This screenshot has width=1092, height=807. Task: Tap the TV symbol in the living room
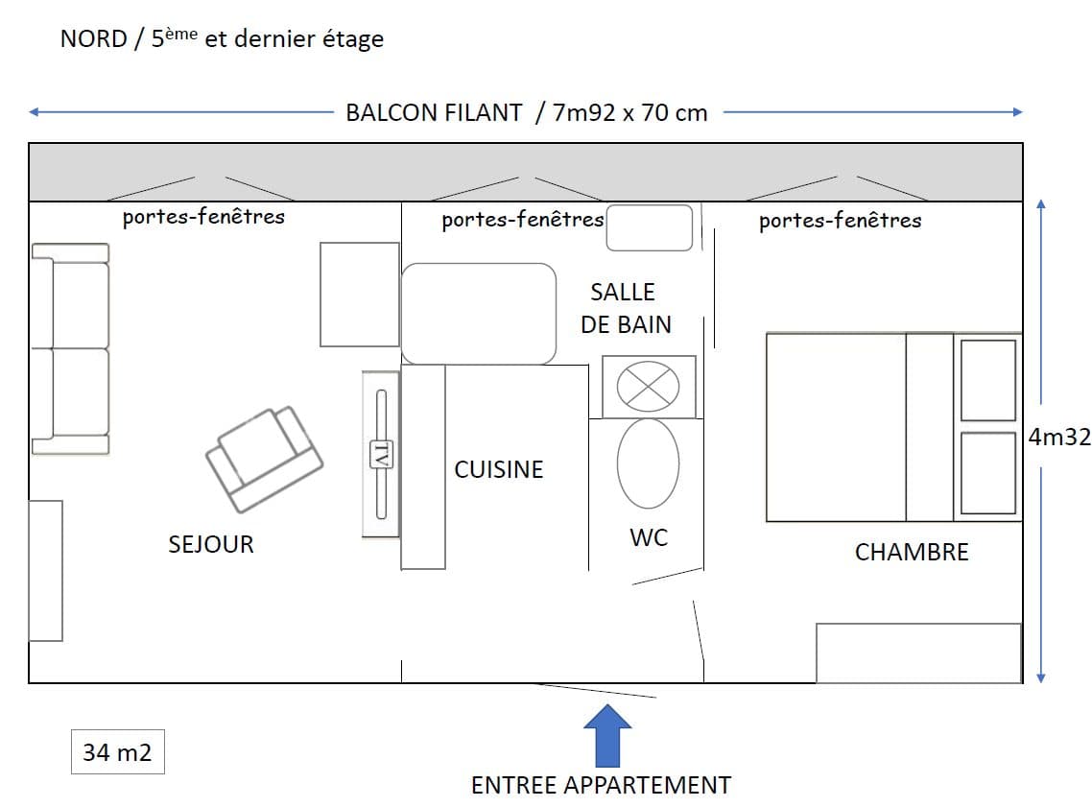(x=381, y=455)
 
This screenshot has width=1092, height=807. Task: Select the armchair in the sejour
(x=264, y=459)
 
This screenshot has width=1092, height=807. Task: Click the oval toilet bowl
(x=649, y=463)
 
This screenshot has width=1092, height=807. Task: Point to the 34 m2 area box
(x=118, y=752)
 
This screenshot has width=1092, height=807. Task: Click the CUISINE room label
(x=499, y=469)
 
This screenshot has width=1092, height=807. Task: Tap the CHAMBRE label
(x=912, y=552)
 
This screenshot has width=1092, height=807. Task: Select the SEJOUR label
(x=211, y=544)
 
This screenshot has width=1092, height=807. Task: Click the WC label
(x=649, y=537)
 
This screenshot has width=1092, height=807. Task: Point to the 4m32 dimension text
(x=1059, y=437)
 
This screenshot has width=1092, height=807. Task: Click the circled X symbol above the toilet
(x=649, y=387)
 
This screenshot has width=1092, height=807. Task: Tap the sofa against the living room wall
(x=70, y=349)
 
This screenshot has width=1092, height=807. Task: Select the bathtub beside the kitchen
(x=479, y=314)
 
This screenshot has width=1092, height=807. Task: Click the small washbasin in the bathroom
(x=649, y=227)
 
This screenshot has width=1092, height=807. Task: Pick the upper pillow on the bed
(x=988, y=380)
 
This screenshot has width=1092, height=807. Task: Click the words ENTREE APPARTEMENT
(x=601, y=785)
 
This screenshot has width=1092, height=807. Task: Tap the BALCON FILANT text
(x=434, y=113)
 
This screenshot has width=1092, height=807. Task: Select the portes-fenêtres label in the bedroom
(x=840, y=221)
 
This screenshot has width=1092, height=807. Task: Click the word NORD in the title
(x=94, y=39)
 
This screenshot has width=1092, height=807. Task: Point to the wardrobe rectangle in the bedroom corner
(x=918, y=653)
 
